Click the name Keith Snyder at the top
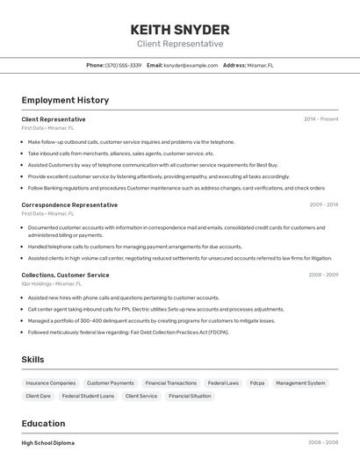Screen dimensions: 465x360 pyautogui.click(x=180, y=29)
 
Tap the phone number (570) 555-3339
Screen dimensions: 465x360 pyautogui.click(x=123, y=65)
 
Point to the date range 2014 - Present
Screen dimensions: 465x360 pyautogui.click(x=320, y=118)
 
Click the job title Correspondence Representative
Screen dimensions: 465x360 pyautogui.click(x=69, y=204)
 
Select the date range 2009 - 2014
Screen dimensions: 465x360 pyautogui.click(x=324, y=204)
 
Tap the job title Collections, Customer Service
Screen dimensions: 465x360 pyautogui.click(x=66, y=275)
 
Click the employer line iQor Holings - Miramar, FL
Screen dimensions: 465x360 pyautogui.click(x=52, y=283)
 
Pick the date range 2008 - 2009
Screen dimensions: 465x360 pyautogui.click(x=323, y=275)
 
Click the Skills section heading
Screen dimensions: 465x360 pyautogui.click(x=32, y=359)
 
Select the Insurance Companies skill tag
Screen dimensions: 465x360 pyautogui.click(x=50, y=383)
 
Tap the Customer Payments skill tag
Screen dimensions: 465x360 pyautogui.click(x=111, y=383)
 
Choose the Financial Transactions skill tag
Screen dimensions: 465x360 pyautogui.click(x=170, y=383)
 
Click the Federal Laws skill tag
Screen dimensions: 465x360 pyautogui.click(x=223, y=383)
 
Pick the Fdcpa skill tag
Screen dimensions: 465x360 pyautogui.click(x=257, y=383)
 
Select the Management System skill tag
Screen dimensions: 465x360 pyautogui.click(x=300, y=383)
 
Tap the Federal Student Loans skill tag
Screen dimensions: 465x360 pyautogui.click(x=88, y=396)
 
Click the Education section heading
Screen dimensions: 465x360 pyautogui.click(x=43, y=423)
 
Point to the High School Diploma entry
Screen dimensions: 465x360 pyautogui.click(x=48, y=443)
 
